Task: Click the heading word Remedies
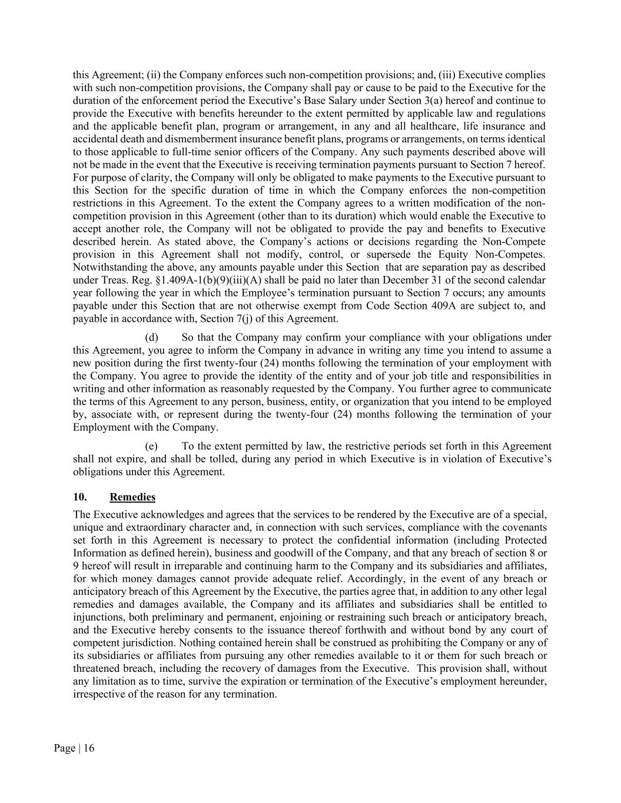click(132, 497)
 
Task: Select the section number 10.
click(80, 497)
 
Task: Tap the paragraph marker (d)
click(151, 338)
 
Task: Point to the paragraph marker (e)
click(151, 447)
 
